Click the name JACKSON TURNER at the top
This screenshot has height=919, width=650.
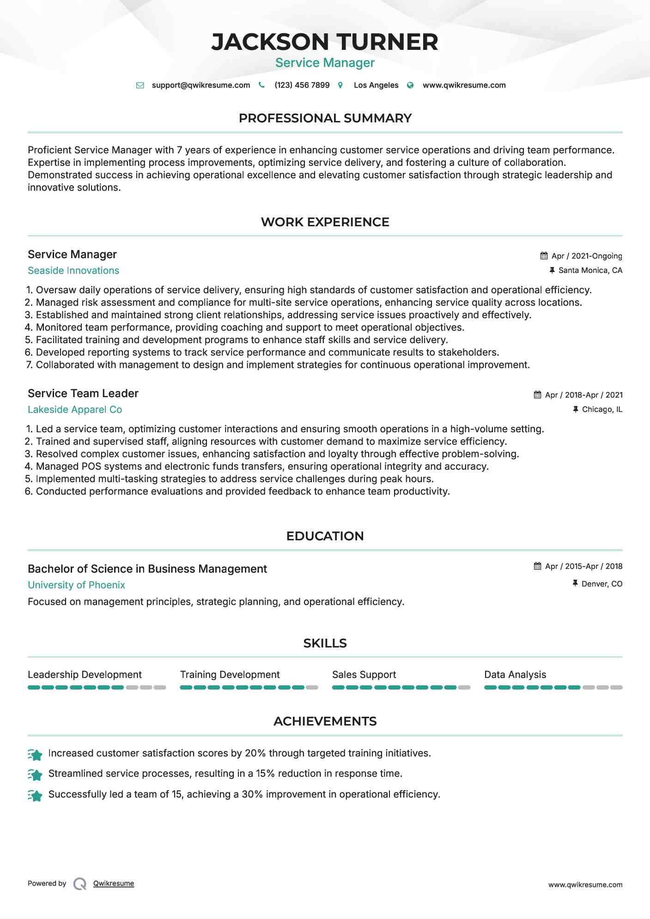tap(325, 42)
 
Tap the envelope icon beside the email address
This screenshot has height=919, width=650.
tap(140, 85)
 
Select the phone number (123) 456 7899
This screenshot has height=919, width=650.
tap(302, 85)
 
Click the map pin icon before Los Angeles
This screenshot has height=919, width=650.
tap(340, 85)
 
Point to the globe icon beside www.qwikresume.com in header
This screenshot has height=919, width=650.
tap(410, 85)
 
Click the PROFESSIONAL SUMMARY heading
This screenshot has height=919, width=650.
tap(325, 118)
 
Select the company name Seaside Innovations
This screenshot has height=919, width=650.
tap(73, 271)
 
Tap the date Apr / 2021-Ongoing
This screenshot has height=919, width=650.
tap(587, 256)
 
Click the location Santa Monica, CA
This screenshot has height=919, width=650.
tap(590, 271)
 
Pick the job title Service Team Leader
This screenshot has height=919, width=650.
tap(83, 393)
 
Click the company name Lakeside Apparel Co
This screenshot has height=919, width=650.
tap(75, 410)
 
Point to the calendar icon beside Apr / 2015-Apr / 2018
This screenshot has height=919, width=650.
tap(538, 566)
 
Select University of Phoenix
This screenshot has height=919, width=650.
tap(76, 585)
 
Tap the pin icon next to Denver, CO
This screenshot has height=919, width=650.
tap(575, 584)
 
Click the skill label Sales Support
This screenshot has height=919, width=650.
tap(364, 675)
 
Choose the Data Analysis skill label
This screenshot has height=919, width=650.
tap(515, 675)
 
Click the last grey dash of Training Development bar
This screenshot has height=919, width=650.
tap(312, 688)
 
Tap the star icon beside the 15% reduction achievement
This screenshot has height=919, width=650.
tap(35, 774)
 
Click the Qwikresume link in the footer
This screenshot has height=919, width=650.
tap(114, 883)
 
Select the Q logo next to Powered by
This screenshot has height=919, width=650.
tap(80, 884)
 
